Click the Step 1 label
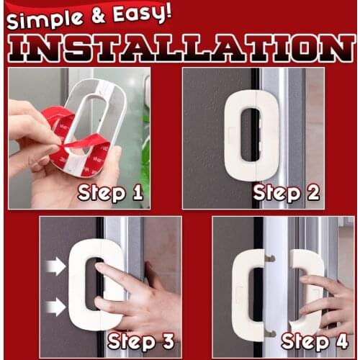click(110, 193)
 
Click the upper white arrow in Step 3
click(55, 266)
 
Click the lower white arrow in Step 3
click(55, 307)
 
